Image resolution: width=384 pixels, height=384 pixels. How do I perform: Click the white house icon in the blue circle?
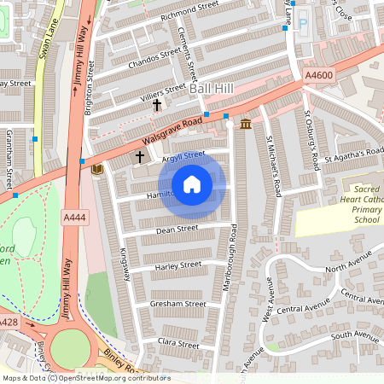[x=192, y=183]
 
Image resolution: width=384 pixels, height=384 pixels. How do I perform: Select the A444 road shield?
[x=75, y=218]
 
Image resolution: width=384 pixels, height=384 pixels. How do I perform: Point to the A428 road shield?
[x=8, y=322]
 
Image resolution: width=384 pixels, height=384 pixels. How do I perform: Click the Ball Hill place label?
[x=211, y=89]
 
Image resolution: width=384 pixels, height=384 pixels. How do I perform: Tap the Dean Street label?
[x=177, y=229]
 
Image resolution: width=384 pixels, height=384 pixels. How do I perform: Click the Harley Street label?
[x=177, y=265]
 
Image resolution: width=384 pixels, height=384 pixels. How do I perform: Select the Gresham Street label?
[x=177, y=304]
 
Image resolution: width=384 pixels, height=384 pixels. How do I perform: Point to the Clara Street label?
[x=178, y=343]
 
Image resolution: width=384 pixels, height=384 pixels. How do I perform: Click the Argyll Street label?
[x=183, y=155]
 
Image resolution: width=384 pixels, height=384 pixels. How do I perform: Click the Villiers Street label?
[x=163, y=89]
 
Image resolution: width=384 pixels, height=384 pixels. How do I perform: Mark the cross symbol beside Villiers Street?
[x=157, y=105]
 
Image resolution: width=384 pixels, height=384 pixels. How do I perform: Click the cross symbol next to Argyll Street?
[x=140, y=158]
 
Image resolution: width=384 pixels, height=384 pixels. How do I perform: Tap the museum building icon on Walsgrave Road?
[x=246, y=125]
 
